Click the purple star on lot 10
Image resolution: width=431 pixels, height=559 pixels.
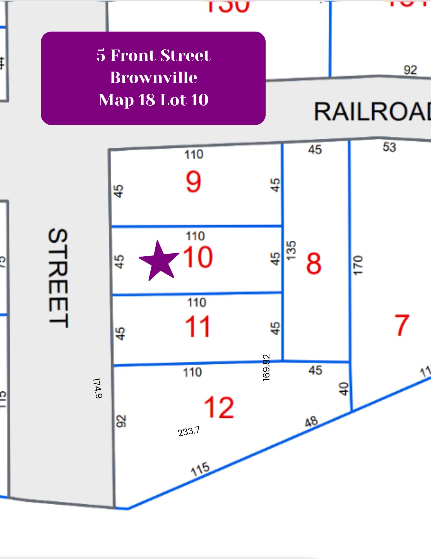click(x=159, y=261)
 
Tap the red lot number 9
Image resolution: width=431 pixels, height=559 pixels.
click(x=193, y=182)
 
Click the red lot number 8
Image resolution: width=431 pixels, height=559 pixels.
click(x=314, y=264)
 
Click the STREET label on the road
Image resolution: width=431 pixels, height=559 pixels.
click(x=58, y=278)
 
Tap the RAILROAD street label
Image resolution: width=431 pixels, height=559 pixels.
click(x=372, y=112)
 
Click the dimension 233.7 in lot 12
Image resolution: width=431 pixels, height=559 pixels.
click(x=189, y=432)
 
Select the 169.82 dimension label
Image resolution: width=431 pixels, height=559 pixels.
click(x=266, y=367)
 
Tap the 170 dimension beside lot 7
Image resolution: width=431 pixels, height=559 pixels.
click(x=358, y=265)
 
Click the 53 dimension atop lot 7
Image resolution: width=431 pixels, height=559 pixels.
click(x=389, y=147)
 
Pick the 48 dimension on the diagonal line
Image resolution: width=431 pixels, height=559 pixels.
click(x=311, y=422)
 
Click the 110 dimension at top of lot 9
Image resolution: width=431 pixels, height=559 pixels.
click(x=194, y=155)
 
